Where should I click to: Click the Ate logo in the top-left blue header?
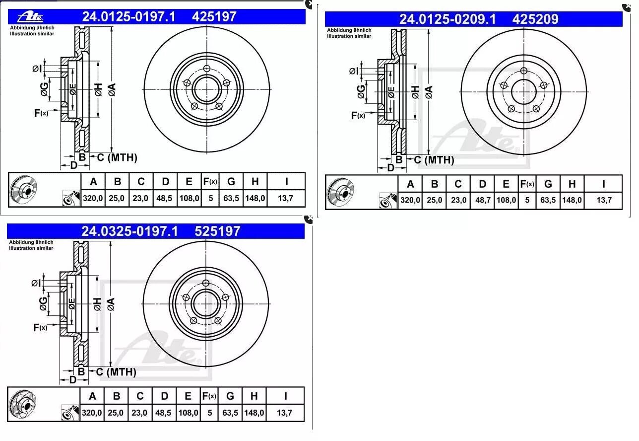[x=30, y=17]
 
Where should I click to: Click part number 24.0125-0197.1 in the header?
[x=128, y=17]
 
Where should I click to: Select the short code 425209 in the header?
[x=535, y=19]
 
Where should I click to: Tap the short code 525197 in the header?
[x=217, y=231]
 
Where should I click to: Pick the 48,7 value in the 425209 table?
[x=483, y=200]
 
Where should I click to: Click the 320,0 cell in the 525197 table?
[x=92, y=413]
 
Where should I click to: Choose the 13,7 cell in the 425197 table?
[x=285, y=198]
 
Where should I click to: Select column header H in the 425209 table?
[x=572, y=184]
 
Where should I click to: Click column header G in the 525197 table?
[x=230, y=396]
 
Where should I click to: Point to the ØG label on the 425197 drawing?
[x=45, y=89]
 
